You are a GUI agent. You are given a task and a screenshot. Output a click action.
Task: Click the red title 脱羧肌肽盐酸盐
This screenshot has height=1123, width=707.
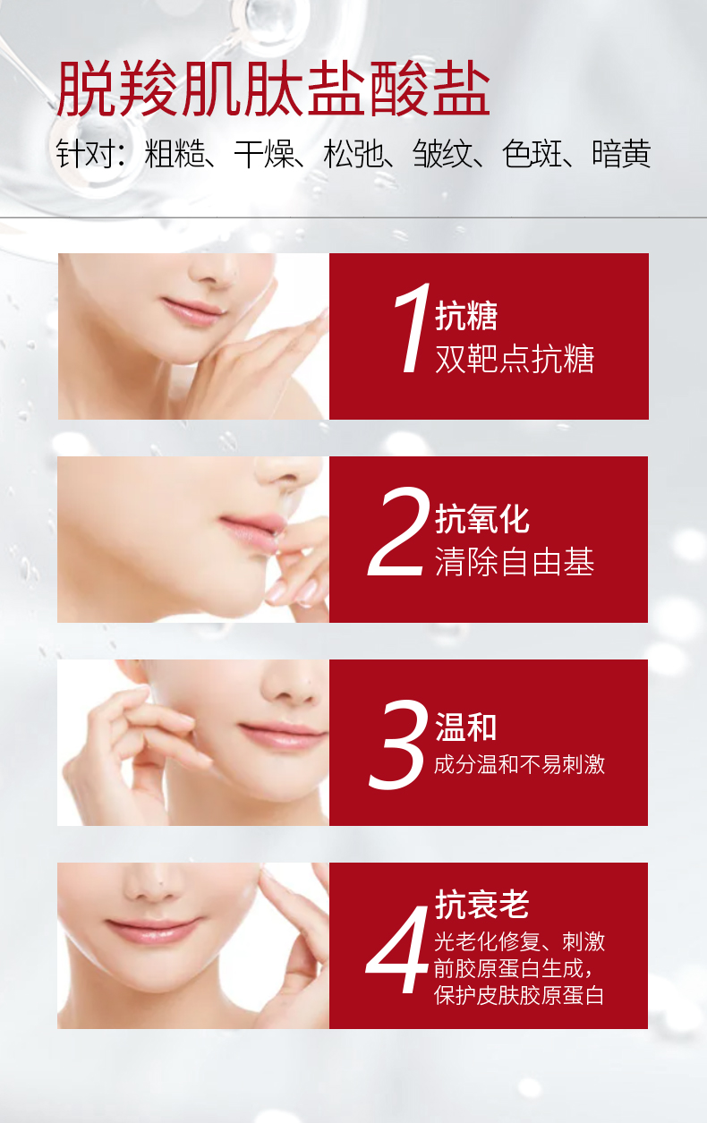click(273, 89)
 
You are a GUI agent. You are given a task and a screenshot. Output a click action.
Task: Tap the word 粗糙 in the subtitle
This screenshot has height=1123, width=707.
click(175, 153)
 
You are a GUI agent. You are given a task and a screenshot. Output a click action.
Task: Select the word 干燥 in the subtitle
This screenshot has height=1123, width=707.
click(264, 153)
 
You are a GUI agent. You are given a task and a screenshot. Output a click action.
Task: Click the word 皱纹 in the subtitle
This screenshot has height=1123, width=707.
click(443, 153)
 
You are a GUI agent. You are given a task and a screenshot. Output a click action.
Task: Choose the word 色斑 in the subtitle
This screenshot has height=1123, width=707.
click(532, 153)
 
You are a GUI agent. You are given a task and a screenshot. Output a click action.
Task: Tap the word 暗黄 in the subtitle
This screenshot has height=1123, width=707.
click(621, 153)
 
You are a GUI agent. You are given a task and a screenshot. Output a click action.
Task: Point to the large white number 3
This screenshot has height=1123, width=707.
click(398, 744)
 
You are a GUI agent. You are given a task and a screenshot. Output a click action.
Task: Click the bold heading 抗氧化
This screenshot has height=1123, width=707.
click(481, 519)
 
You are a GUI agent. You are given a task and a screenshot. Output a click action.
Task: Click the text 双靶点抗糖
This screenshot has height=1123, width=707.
click(515, 359)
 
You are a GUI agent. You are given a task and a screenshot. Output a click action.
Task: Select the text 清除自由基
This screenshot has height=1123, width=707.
click(515, 562)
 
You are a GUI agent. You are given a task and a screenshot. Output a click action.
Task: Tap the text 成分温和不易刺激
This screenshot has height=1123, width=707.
click(519, 764)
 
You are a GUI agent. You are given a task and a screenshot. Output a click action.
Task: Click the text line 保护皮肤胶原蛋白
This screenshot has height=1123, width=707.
click(519, 995)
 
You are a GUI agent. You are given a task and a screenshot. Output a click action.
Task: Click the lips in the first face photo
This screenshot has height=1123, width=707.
click(192, 311)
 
